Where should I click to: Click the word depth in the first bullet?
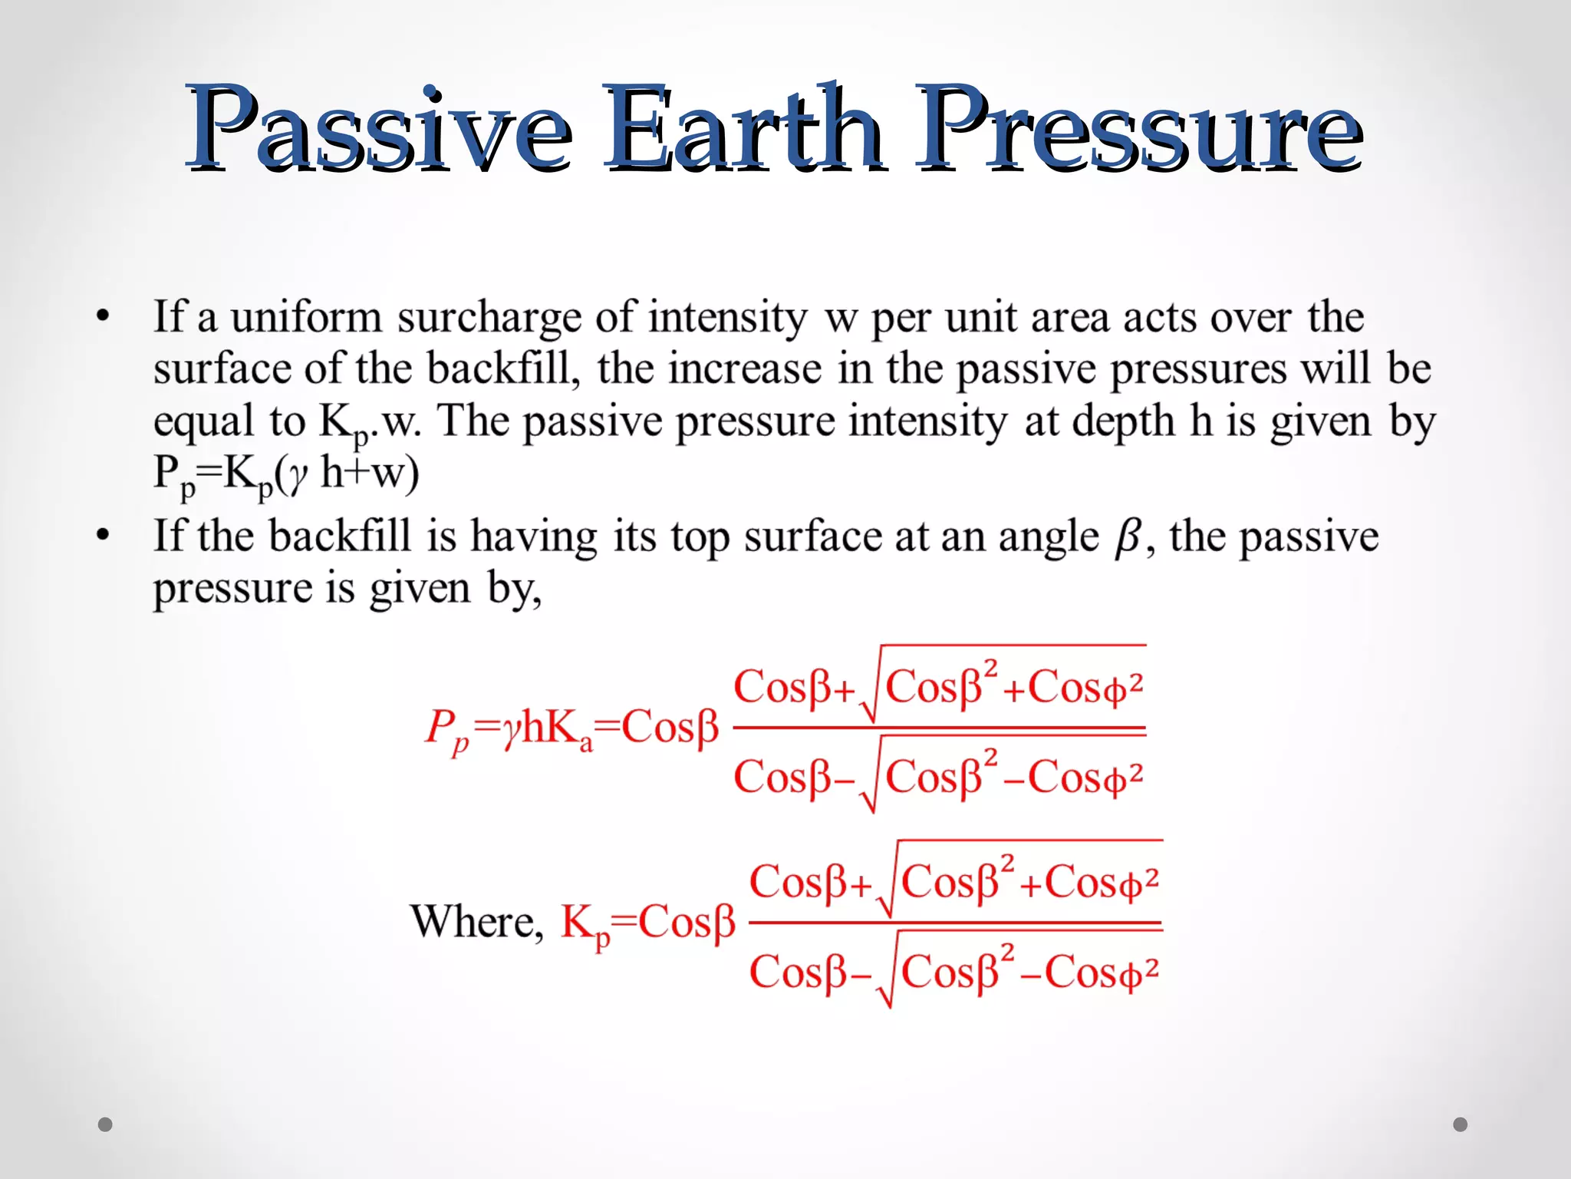click(x=1123, y=421)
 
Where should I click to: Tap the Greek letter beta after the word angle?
click(x=1128, y=537)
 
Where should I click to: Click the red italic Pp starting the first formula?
click(x=447, y=729)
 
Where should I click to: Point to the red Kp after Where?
click(x=585, y=923)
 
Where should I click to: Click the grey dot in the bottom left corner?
click(x=106, y=1125)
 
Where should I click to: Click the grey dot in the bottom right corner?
click(x=1461, y=1125)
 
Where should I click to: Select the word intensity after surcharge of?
click(x=727, y=318)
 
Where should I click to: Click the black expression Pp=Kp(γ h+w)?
click(x=286, y=474)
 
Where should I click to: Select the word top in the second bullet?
click(x=700, y=537)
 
